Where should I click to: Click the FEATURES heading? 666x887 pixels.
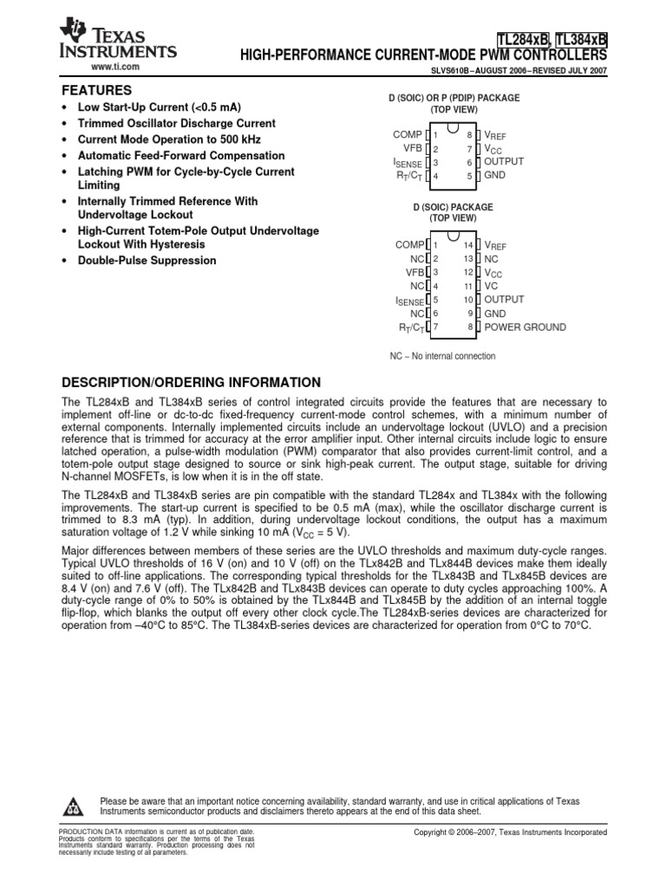95,90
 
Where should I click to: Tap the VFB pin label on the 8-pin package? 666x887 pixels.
411,148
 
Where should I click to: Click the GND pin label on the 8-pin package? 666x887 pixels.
494,175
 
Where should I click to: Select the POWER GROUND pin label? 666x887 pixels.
525,327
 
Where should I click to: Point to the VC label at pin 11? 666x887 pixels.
491,286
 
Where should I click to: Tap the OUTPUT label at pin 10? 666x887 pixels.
504,300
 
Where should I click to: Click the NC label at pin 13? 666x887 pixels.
491,259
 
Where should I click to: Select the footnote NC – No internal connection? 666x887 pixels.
442,356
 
